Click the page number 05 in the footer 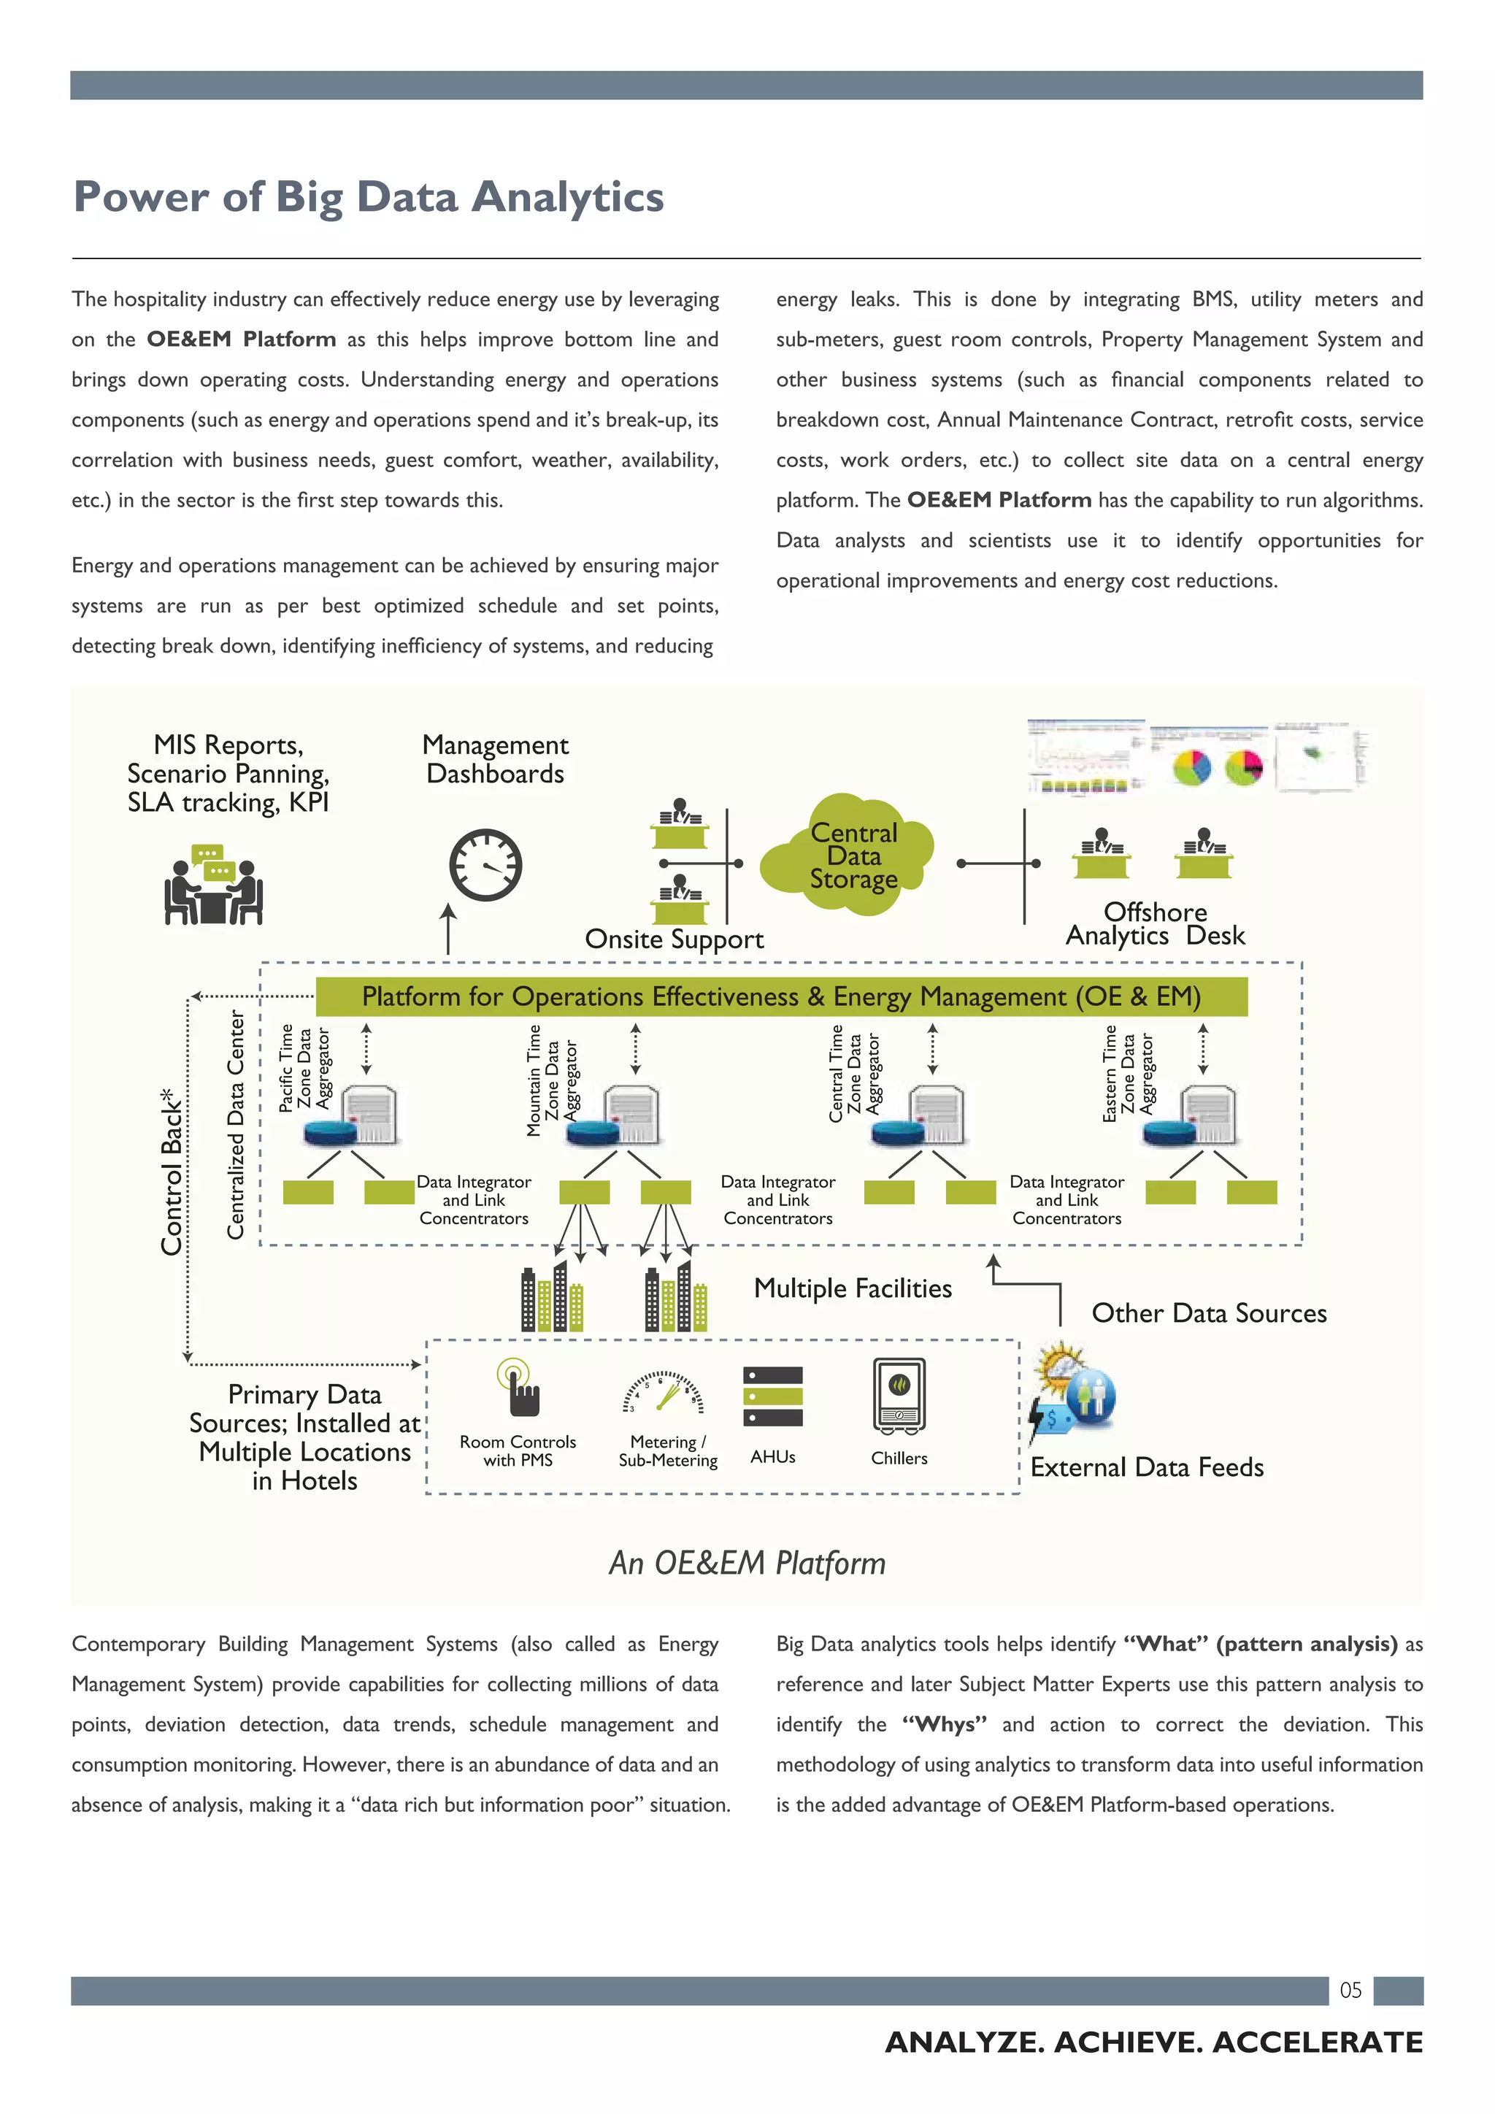pos(1350,1991)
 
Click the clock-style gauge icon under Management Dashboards pos(485,866)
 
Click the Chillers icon pos(899,1396)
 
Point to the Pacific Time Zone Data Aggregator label pos(304,1068)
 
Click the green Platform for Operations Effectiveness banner pos(780,997)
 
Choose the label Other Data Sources pos(1209,1313)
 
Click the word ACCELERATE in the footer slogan pos(1318,2043)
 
